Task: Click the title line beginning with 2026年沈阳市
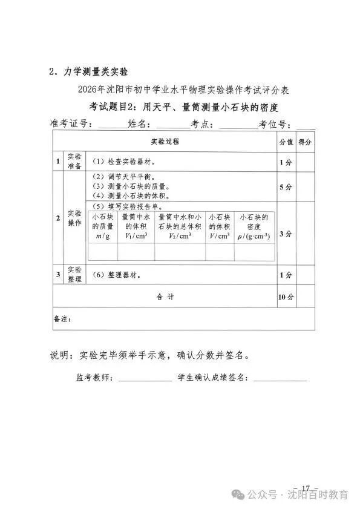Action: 183,90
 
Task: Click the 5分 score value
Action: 286,187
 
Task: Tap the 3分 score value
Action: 286,234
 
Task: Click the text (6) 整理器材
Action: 117,275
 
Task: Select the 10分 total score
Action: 286,297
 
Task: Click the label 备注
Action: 63,318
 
